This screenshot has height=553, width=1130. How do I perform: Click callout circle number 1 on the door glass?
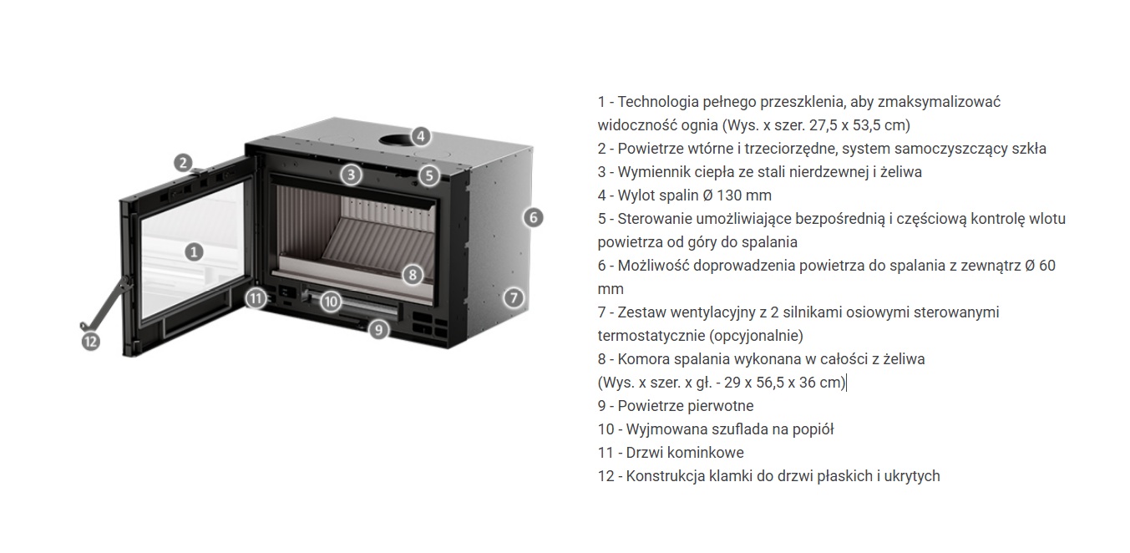[194, 251]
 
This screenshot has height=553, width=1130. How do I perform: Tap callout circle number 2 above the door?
[183, 162]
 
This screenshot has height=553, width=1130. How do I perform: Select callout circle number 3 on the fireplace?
[351, 175]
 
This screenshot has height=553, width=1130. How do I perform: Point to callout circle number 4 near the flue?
[420, 136]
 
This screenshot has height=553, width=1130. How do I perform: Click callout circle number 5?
[428, 175]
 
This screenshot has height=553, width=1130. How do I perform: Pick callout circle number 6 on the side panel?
[533, 217]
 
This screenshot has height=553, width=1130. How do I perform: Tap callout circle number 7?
[514, 297]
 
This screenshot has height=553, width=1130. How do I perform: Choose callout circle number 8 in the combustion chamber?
[413, 275]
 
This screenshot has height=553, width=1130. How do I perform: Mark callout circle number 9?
[378, 330]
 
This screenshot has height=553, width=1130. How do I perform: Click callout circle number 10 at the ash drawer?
[331, 302]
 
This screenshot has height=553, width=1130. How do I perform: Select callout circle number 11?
[256, 299]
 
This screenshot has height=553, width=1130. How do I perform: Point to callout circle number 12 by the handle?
[91, 342]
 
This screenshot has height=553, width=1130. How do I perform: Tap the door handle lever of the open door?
[104, 306]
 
